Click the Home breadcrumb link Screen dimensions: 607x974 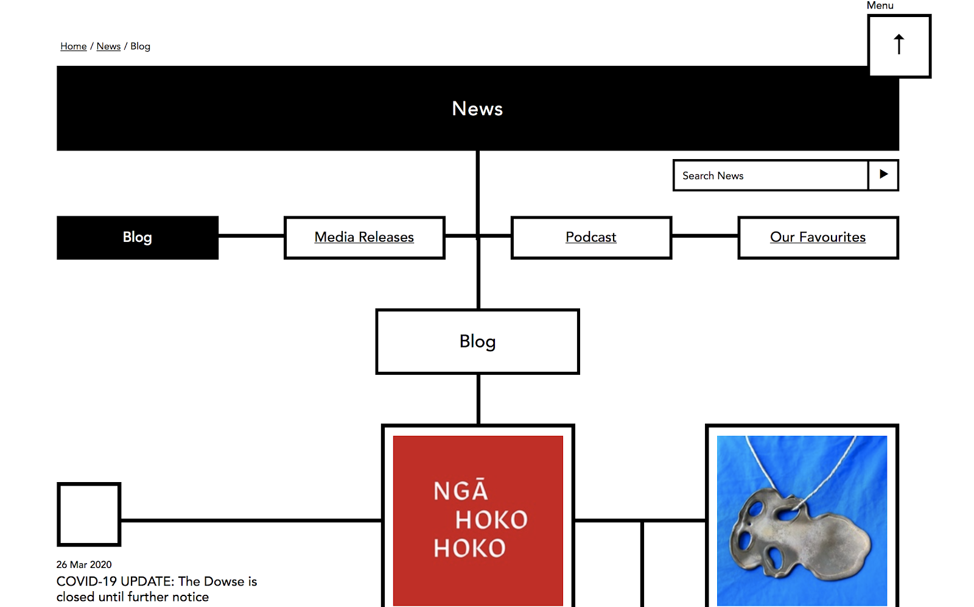(73, 46)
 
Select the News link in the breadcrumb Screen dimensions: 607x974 (108, 46)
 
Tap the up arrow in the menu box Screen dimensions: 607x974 (899, 45)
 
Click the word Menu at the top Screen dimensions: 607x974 (880, 5)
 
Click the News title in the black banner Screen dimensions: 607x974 (477, 108)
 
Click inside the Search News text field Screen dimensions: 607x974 (770, 176)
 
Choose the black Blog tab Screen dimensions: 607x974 (138, 237)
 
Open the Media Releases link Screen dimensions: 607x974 (364, 237)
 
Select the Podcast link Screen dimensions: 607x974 (590, 237)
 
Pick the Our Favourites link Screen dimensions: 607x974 (818, 237)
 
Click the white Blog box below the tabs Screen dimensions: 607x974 (477, 341)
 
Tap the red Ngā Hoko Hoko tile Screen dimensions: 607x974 (478, 463)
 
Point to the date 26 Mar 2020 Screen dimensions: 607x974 (84, 564)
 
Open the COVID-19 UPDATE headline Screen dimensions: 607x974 (156, 589)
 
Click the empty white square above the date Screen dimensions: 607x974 (89, 514)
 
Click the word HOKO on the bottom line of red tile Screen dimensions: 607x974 (469, 548)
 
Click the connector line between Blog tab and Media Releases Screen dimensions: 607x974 (251, 235)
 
